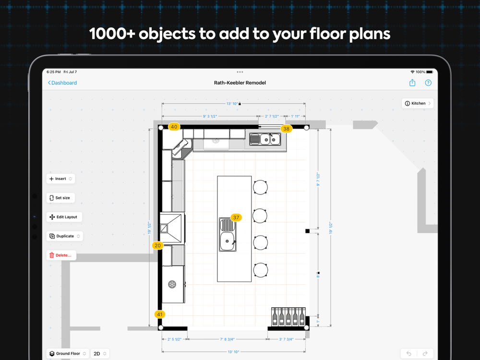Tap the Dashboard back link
point(62,83)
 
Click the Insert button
point(60,179)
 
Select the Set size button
point(60,198)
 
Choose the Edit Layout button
point(64,217)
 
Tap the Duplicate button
point(65,236)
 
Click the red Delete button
point(61,255)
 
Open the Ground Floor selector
point(68,354)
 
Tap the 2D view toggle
point(100,354)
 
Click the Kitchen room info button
point(418,104)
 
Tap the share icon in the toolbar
point(412,83)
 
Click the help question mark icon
point(428,83)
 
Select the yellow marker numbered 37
point(236,217)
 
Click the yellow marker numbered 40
point(174,127)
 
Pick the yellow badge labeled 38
point(286,129)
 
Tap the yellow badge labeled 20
point(157,245)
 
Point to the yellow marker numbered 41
point(160,314)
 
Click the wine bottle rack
point(288,316)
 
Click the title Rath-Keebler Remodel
point(240,83)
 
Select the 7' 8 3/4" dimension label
point(228,339)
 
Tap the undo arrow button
point(408,354)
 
